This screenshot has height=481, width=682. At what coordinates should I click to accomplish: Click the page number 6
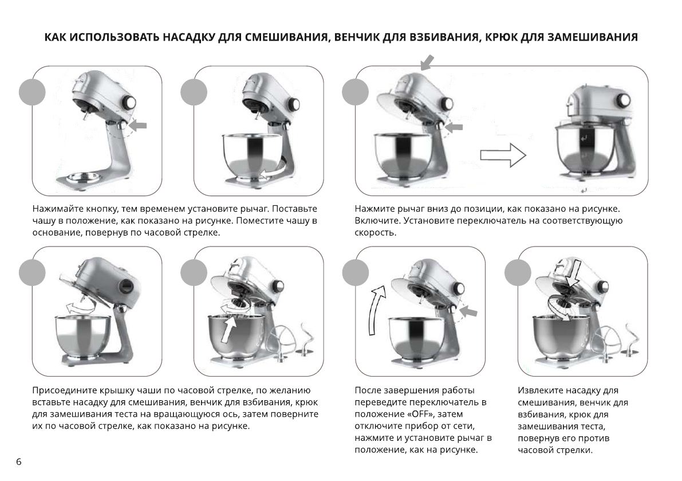tap(19, 462)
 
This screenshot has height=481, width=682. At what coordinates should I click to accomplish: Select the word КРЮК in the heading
tap(504, 38)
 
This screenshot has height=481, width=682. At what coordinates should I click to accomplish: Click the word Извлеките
tap(541, 390)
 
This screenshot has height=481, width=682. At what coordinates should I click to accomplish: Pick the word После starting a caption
tap(369, 390)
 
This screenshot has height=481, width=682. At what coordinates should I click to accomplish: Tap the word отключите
tap(379, 426)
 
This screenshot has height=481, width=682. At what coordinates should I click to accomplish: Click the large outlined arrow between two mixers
tap(502, 155)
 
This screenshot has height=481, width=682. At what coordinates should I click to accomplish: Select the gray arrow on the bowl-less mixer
tap(138, 125)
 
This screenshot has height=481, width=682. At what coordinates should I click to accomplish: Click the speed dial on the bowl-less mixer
tap(130, 103)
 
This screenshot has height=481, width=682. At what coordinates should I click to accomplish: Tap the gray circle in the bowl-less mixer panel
tap(32, 92)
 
